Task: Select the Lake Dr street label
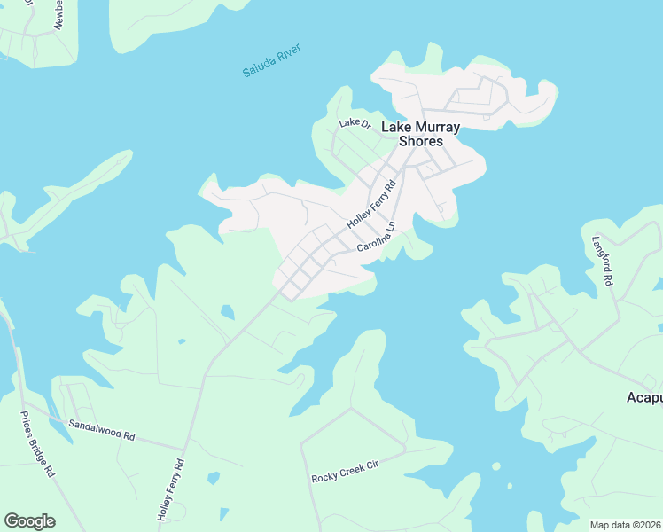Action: click(355, 123)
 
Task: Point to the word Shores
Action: click(421, 142)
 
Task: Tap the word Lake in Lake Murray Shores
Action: click(395, 128)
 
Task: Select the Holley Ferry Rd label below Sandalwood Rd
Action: click(169, 489)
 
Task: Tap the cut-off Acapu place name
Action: click(644, 396)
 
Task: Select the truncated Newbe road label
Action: click(58, 15)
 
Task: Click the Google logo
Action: click(29, 521)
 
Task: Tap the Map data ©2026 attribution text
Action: click(625, 525)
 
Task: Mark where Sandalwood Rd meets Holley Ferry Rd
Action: click(186, 445)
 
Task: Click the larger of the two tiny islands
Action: click(495, 466)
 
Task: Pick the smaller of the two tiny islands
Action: click(510, 485)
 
